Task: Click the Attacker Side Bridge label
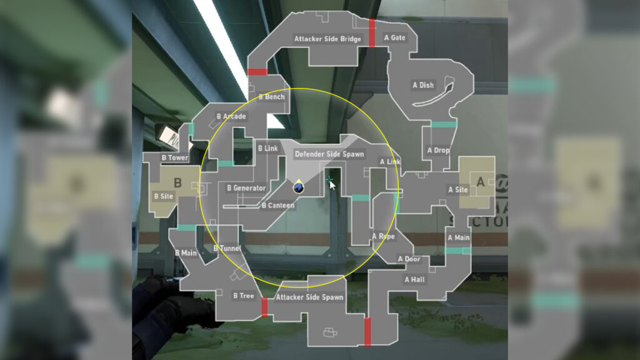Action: coord(327,39)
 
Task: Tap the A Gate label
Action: coord(394,38)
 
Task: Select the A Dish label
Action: coord(423,85)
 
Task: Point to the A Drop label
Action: coord(438,151)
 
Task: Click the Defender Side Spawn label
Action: coord(329,154)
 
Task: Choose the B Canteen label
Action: coord(278,206)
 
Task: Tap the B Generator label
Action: coord(246,188)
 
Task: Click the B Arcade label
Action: coord(231,117)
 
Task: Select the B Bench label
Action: coord(271,97)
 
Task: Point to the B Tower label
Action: coord(174,158)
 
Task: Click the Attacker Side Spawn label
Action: coord(309,297)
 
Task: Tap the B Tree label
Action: coord(244,296)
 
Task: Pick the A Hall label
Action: coord(414,279)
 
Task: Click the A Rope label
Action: coord(383,237)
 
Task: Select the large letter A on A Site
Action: coord(481,182)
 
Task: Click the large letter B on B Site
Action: coord(177,183)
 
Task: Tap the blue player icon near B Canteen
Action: coord(299,187)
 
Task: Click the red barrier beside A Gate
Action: coord(372,32)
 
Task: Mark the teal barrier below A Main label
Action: coord(458,251)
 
